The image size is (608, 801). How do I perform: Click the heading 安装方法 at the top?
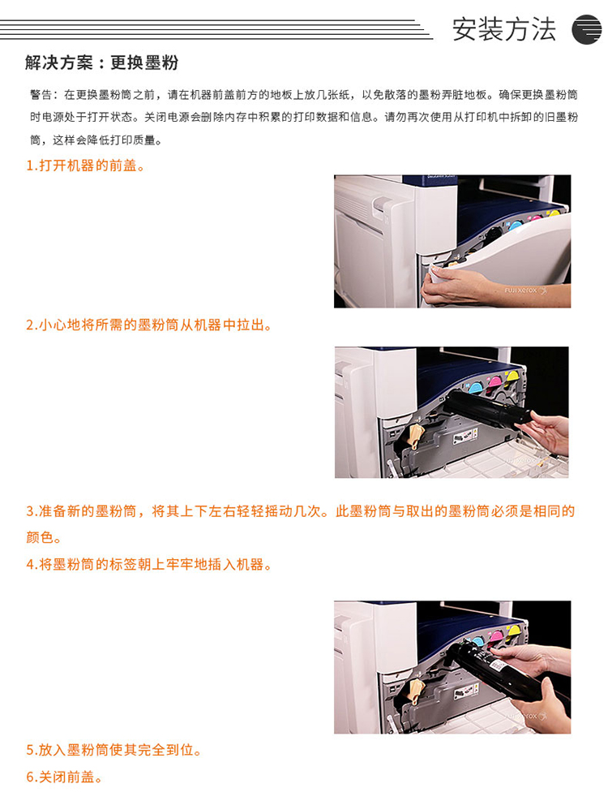(503, 29)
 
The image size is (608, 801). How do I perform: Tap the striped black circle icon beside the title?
(587, 30)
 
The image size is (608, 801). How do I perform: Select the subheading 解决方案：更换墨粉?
(102, 62)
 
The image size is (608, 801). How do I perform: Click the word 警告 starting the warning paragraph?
(41, 94)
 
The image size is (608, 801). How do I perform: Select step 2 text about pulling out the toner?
(148, 325)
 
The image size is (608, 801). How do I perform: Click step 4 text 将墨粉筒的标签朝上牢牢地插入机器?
(148, 565)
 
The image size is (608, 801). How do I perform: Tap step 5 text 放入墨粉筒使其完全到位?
(113, 750)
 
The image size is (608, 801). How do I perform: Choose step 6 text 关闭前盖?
(64, 777)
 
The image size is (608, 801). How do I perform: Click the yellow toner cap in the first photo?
(554, 212)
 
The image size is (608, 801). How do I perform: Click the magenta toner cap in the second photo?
(495, 381)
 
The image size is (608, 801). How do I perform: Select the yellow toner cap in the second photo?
(511, 376)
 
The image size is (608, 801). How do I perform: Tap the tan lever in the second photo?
(416, 436)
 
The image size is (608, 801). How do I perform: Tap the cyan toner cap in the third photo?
(478, 642)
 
